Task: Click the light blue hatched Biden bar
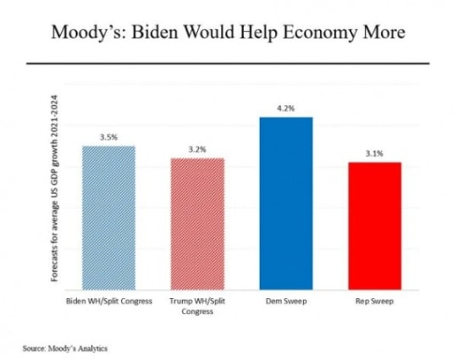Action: coord(108,218)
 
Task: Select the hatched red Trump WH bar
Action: coord(197,224)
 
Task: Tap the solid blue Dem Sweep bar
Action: coord(286,203)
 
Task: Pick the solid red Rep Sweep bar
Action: coord(375,226)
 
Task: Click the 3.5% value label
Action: coord(108,137)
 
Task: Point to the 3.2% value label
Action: coord(197,150)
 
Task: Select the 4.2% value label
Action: coord(286,108)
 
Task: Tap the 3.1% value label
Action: coord(375,153)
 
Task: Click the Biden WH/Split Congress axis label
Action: coord(109,301)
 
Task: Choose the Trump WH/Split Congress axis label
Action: coord(197,306)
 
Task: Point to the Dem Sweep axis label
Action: coord(286,301)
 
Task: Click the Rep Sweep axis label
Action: coord(375,301)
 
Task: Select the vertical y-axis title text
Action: coord(54,188)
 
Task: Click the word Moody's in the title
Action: coord(89,32)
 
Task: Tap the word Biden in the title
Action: coord(155,31)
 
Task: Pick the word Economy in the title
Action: coord(320,32)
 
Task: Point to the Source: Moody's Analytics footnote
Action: coord(65,348)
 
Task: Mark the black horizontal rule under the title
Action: coord(228,63)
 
